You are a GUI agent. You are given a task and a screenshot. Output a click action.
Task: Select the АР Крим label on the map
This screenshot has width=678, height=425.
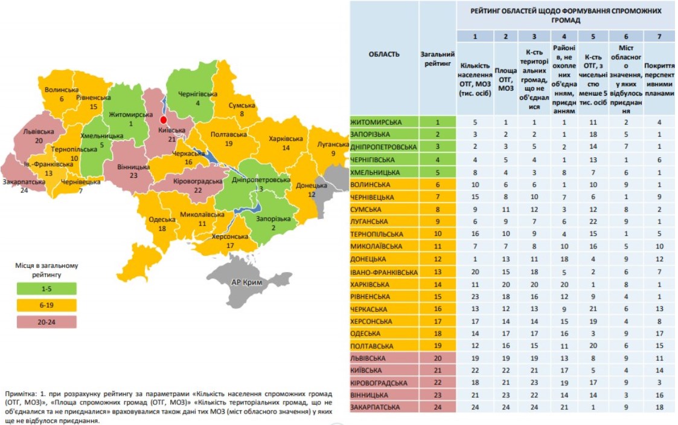click(250, 282)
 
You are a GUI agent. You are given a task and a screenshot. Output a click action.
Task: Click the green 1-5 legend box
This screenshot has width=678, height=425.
click(46, 289)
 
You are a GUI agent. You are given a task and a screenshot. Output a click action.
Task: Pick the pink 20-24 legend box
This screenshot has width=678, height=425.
click(46, 321)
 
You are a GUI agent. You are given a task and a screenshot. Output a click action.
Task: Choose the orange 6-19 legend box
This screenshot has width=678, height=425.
click(46, 305)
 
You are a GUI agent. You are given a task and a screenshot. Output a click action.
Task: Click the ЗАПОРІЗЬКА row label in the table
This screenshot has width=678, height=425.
click(371, 134)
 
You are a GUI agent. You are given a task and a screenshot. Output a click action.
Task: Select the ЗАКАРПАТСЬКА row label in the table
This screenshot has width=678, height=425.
click(376, 407)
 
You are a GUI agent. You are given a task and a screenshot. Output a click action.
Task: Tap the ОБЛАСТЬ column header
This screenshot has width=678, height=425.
click(384, 54)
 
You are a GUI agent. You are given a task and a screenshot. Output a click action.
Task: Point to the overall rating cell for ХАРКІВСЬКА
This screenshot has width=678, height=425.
click(438, 284)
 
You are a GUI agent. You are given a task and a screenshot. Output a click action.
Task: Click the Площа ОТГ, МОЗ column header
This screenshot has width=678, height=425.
click(505, 79)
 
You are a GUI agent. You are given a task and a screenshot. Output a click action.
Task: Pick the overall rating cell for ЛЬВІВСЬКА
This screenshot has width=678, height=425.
click(438, 358)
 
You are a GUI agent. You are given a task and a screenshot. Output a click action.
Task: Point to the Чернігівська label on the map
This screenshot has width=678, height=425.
click(197, 94)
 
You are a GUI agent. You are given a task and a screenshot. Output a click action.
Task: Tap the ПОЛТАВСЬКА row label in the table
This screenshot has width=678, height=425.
click(373, 346)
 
